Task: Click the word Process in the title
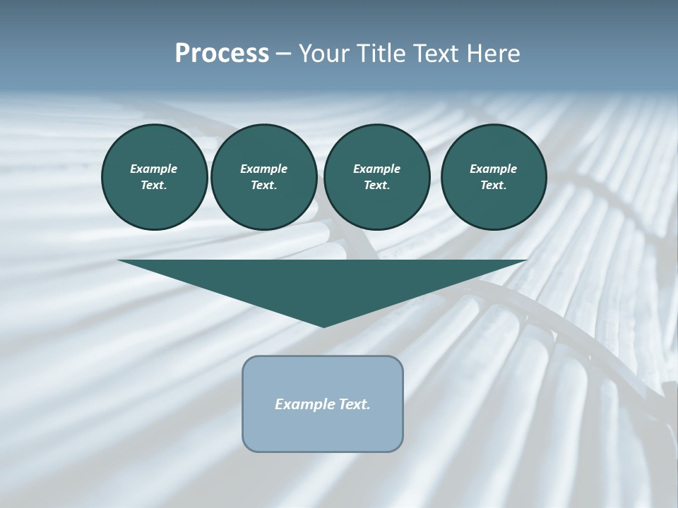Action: pyautogui.click(x=222, y=54)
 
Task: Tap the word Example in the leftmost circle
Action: pyautogui.click(x=154, y=169)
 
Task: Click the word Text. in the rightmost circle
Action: pyautogui.click(x=494, y=185)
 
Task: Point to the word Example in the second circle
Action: pyautogui.click(x=263, y=169)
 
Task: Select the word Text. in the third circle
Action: pyautogui.click(x=376, y=185)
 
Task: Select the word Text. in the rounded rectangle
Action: pyautogui.click(x=354, y=404)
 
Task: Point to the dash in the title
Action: pyautogui.click(x=283, y=54)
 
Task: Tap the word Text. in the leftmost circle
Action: pyautogui.click(x=154, y=185)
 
